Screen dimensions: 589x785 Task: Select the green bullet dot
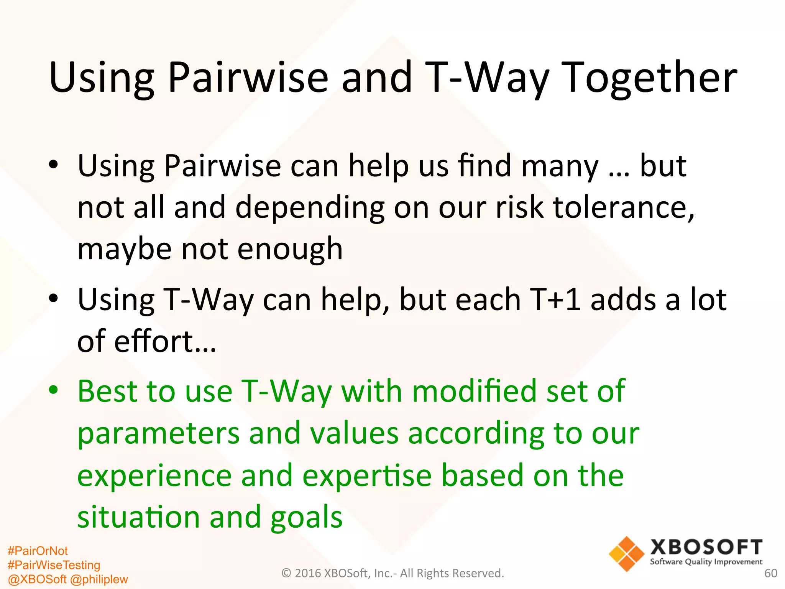point(54,390)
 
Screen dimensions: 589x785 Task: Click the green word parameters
point(158,433)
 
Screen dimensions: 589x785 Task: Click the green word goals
point(306,517)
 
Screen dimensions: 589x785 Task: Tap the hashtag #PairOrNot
point(38,551)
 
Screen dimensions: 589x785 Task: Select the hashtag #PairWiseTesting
point(54,565)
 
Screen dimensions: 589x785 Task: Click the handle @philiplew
point(99,579)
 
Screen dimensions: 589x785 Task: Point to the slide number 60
point(770,573)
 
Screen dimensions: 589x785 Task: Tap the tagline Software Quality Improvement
point(706,562)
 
